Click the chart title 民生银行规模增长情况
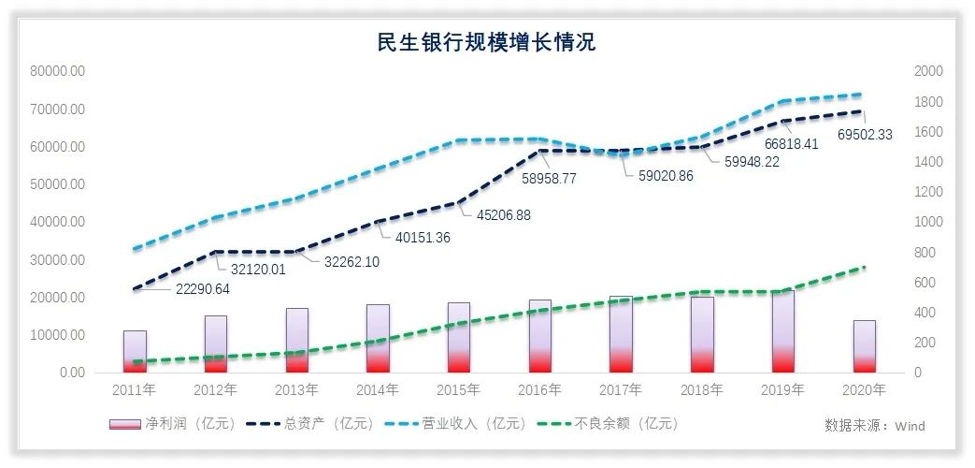[x=486, y=42]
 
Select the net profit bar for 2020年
[x=865, y=346]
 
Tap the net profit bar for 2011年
[x=135, y=352]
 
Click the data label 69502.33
[x=865, y=135]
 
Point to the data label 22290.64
[x=203, y=288]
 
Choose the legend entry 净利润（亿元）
[x=174, y=424]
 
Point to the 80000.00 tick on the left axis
[x=58, y=71]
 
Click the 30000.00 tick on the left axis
[x=58, y=259]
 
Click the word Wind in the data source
[x=910, y=426]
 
